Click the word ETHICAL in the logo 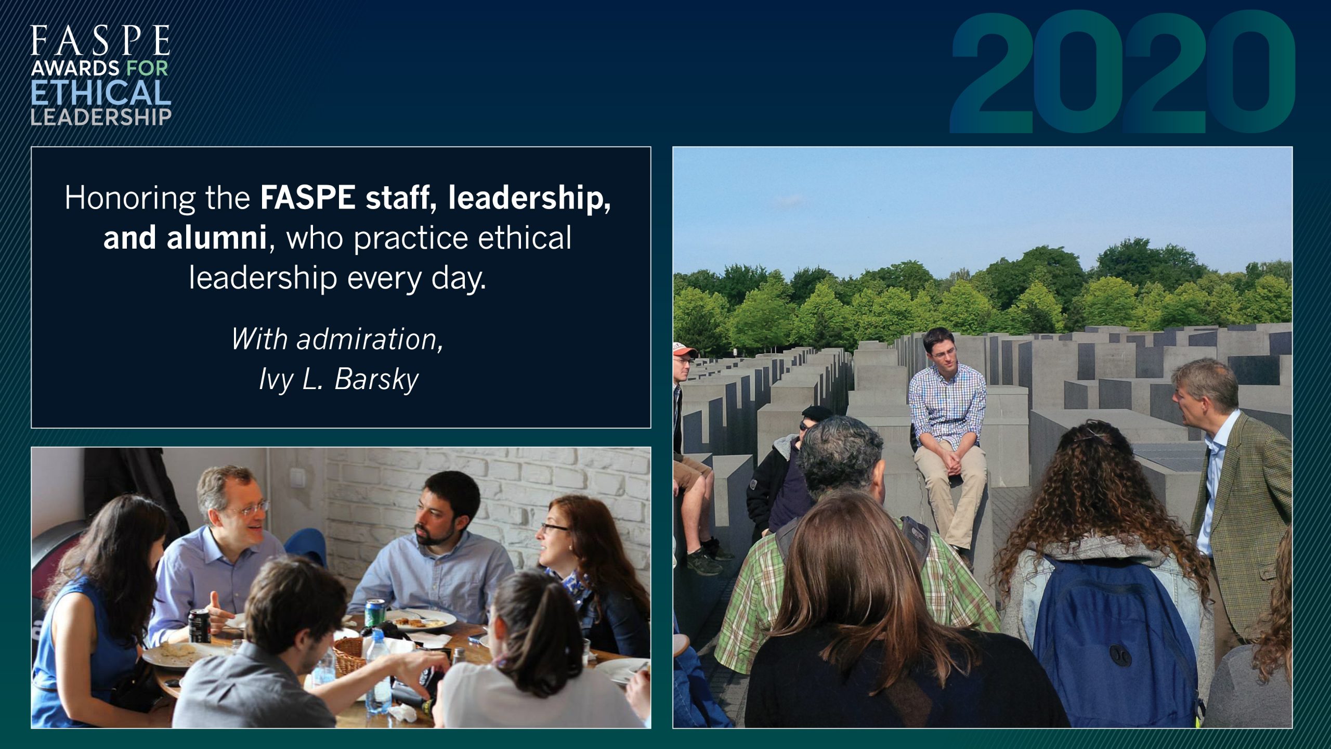[101, 93]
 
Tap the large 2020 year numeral [1122, 72]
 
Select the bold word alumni [217, 238]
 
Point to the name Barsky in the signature [376, 379]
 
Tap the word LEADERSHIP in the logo [101, 117]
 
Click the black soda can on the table [199, 626]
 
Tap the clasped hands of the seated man [951, 462]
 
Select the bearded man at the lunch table [434, 546]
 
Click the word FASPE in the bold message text [308, 198]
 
